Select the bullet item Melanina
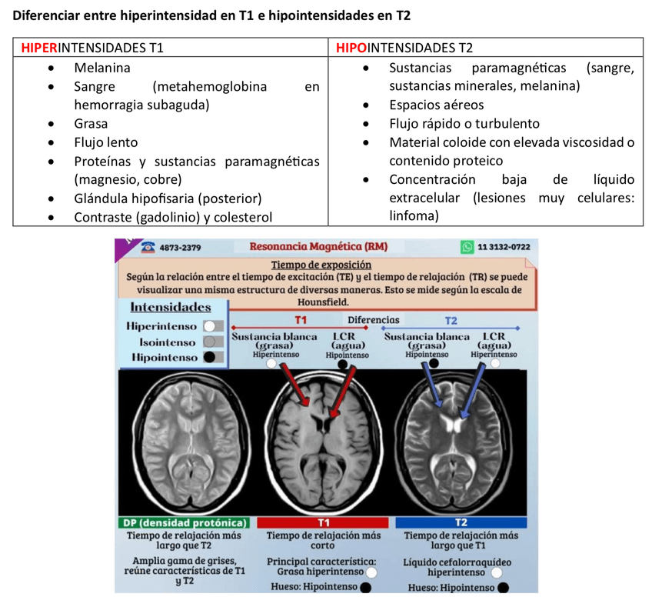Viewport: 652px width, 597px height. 102,68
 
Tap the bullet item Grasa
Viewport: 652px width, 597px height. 91,123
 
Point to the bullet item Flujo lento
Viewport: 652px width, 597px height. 106,142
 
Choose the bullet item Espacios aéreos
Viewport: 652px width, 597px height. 436,105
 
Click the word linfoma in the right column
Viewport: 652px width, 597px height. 414,217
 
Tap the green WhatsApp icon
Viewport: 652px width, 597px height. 467,247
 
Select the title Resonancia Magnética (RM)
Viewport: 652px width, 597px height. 318,247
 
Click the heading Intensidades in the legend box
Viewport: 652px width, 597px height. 171,307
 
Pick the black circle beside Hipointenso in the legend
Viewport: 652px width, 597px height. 208,357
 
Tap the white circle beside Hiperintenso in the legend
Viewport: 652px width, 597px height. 208,326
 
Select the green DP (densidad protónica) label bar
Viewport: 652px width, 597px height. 185,523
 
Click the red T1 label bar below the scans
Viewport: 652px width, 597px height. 324,523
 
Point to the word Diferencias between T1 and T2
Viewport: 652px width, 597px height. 374,319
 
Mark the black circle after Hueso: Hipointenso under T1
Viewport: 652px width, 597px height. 366,587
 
